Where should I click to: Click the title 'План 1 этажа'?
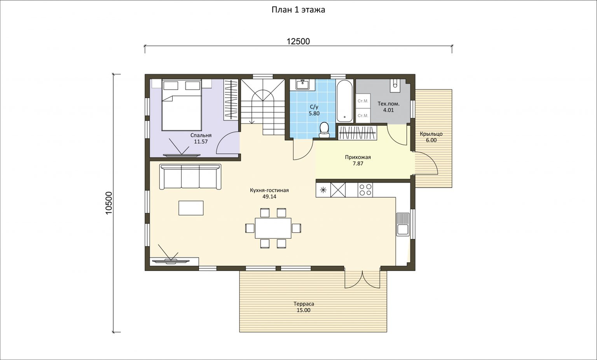tap(298, 10)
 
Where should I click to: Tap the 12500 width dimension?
tap(298, 41)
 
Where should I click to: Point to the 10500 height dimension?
tap(109, 203)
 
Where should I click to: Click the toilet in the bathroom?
tap(324, 130)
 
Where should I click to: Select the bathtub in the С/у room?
tap(344, 101)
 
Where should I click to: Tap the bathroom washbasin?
tap(302, 84)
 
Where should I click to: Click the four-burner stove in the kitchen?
tap(365, 190)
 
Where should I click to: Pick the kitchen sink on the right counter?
tap(402, 224)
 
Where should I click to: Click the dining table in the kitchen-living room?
tap(273, 228)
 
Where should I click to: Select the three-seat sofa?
tap(190, 177)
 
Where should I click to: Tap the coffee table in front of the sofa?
tap(191, 208)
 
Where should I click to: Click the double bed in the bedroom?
tap(182, 105)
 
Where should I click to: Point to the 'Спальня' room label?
tap(200, 135)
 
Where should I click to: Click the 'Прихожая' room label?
tap(358, 157)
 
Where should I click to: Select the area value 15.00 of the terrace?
tap(303, 310)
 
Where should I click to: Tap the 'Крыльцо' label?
tap(431, 134)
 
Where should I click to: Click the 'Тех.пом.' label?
tap(389, 103)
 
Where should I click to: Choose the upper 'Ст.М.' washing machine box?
tap(363, 101)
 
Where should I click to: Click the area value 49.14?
tap(270, 196)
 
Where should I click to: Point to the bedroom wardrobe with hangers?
tap(230, 99)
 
